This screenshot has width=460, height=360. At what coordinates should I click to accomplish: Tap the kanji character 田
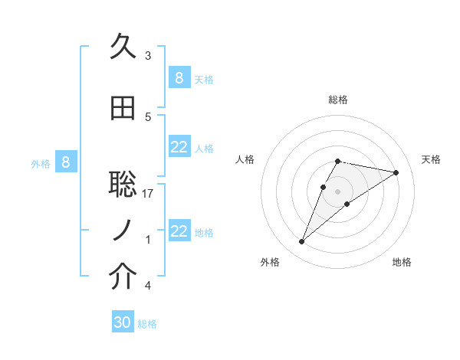pyautogui.click(x=123, y=109)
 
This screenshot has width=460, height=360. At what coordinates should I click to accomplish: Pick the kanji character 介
pyautogui.click(x=123, y=277)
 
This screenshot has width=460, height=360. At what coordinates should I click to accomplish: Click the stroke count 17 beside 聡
pyautogui.click(x=148, y=194)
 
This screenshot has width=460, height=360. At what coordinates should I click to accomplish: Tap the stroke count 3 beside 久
pyautogui.click(x=148, y=56)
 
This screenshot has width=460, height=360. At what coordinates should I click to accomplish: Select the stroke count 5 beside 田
pyautogui.click(x=148, y=117)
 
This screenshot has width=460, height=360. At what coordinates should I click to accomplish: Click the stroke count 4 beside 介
pyautogui.click(x=148, y=286)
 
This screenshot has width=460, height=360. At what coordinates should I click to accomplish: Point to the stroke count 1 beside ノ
pyautogui.click(x=148, y=240)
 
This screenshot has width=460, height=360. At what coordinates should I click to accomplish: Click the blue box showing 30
pyautogui.click(x=123, y=322)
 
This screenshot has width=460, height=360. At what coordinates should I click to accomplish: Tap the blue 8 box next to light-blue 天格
pyautogui.click(x=179, y=77)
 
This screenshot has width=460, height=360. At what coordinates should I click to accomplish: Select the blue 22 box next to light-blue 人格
pyautogui.click(x=179, y=147)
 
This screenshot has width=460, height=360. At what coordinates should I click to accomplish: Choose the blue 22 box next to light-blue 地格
pyautogui.click(x=179, y=231)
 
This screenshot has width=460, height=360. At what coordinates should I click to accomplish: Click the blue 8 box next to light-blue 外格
pyautogui.click(x=66, y=162)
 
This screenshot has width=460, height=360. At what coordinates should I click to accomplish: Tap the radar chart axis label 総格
pyautogui.click(x=338, y=100)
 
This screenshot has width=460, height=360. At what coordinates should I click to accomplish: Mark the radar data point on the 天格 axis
pyautogui.click(x=396, y=172)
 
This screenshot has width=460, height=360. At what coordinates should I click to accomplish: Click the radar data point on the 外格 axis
pyautogui.click(x=302, y=242)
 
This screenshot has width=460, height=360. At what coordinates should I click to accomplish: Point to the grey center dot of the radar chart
pyautogui.click(x=338, y=191)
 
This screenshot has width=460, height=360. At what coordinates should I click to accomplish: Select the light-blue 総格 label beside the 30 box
pyautogui.click(x=147, y=324)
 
